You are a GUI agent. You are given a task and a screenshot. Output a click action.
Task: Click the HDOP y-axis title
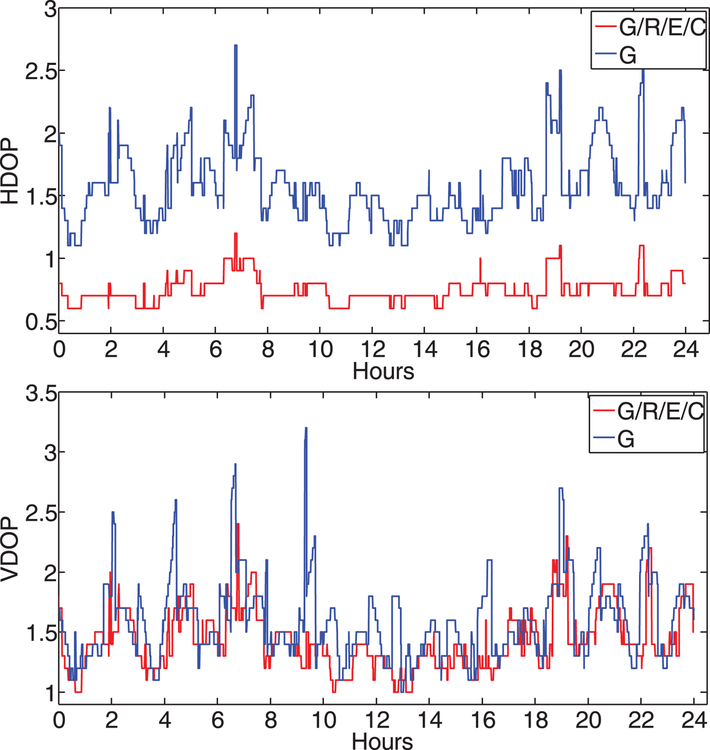point(10,171)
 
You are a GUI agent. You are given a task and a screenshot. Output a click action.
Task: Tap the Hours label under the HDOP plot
point(383,371)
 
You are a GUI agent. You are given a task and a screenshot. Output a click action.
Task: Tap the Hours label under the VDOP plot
point(382,741)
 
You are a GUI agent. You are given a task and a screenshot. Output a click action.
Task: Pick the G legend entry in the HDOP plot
point(628,55)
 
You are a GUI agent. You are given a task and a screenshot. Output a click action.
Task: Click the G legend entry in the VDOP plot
point(626,439)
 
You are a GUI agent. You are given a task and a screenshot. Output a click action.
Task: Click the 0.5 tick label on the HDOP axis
point(41,322)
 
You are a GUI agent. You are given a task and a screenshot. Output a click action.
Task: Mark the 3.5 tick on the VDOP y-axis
point(41,394)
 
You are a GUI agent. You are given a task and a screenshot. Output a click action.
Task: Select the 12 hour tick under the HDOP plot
point(373,349)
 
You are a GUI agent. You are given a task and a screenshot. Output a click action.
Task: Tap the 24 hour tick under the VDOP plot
point(694,720)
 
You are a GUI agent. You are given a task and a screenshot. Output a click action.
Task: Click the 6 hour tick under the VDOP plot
point(218,720)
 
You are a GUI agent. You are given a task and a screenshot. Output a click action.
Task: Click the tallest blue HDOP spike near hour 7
point(236,47)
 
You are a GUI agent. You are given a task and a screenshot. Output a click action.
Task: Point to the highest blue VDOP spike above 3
point(306,429)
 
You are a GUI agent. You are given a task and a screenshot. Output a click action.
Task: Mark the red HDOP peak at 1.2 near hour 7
point(235,234)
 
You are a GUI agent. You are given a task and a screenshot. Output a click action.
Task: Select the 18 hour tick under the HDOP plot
point(529,349)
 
